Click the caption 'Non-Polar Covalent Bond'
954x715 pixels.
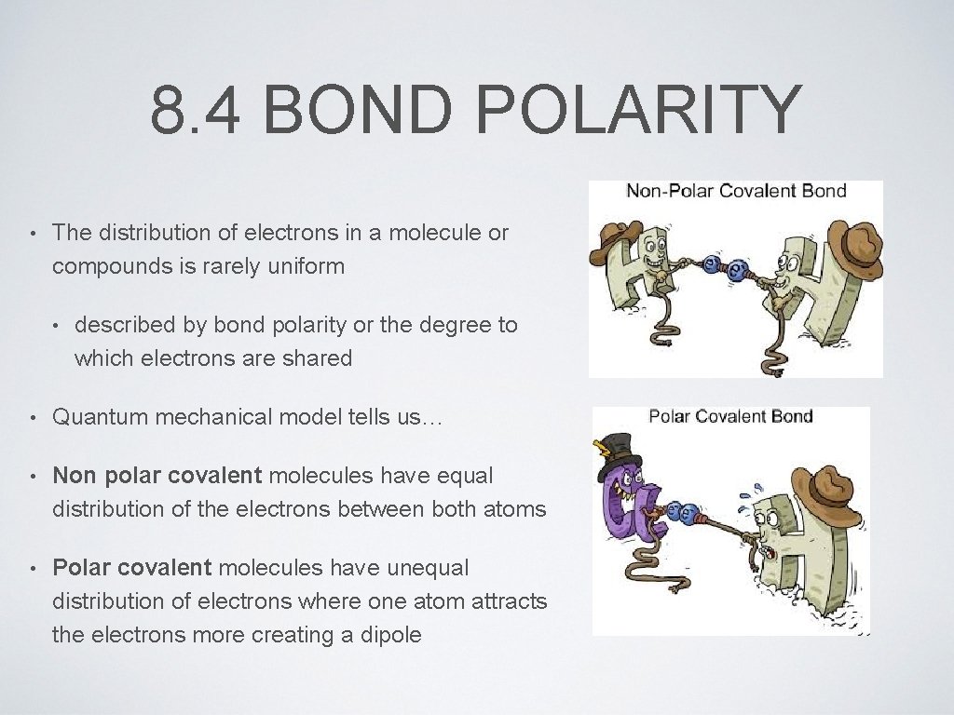pos(736,192)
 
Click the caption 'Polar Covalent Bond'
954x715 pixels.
pos(730,416)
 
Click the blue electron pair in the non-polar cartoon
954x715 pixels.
pos(728,267)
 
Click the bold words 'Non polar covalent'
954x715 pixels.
pos(157,476)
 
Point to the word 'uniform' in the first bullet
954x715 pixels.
pos(307,266)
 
